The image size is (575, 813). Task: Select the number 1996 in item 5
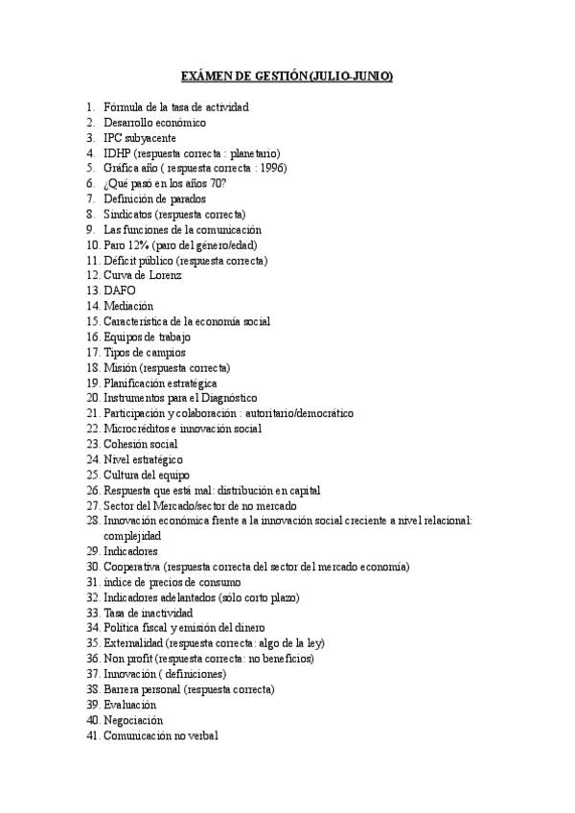click(x=267, y=169)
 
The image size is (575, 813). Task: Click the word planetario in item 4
click(x=278, y=153)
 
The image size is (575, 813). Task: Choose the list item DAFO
click(x=120, y=291)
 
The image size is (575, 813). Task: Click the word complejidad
click(x=132, y=536)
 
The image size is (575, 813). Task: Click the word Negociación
click(x=133, y=720)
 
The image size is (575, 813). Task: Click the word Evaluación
click(x=129, y=705)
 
